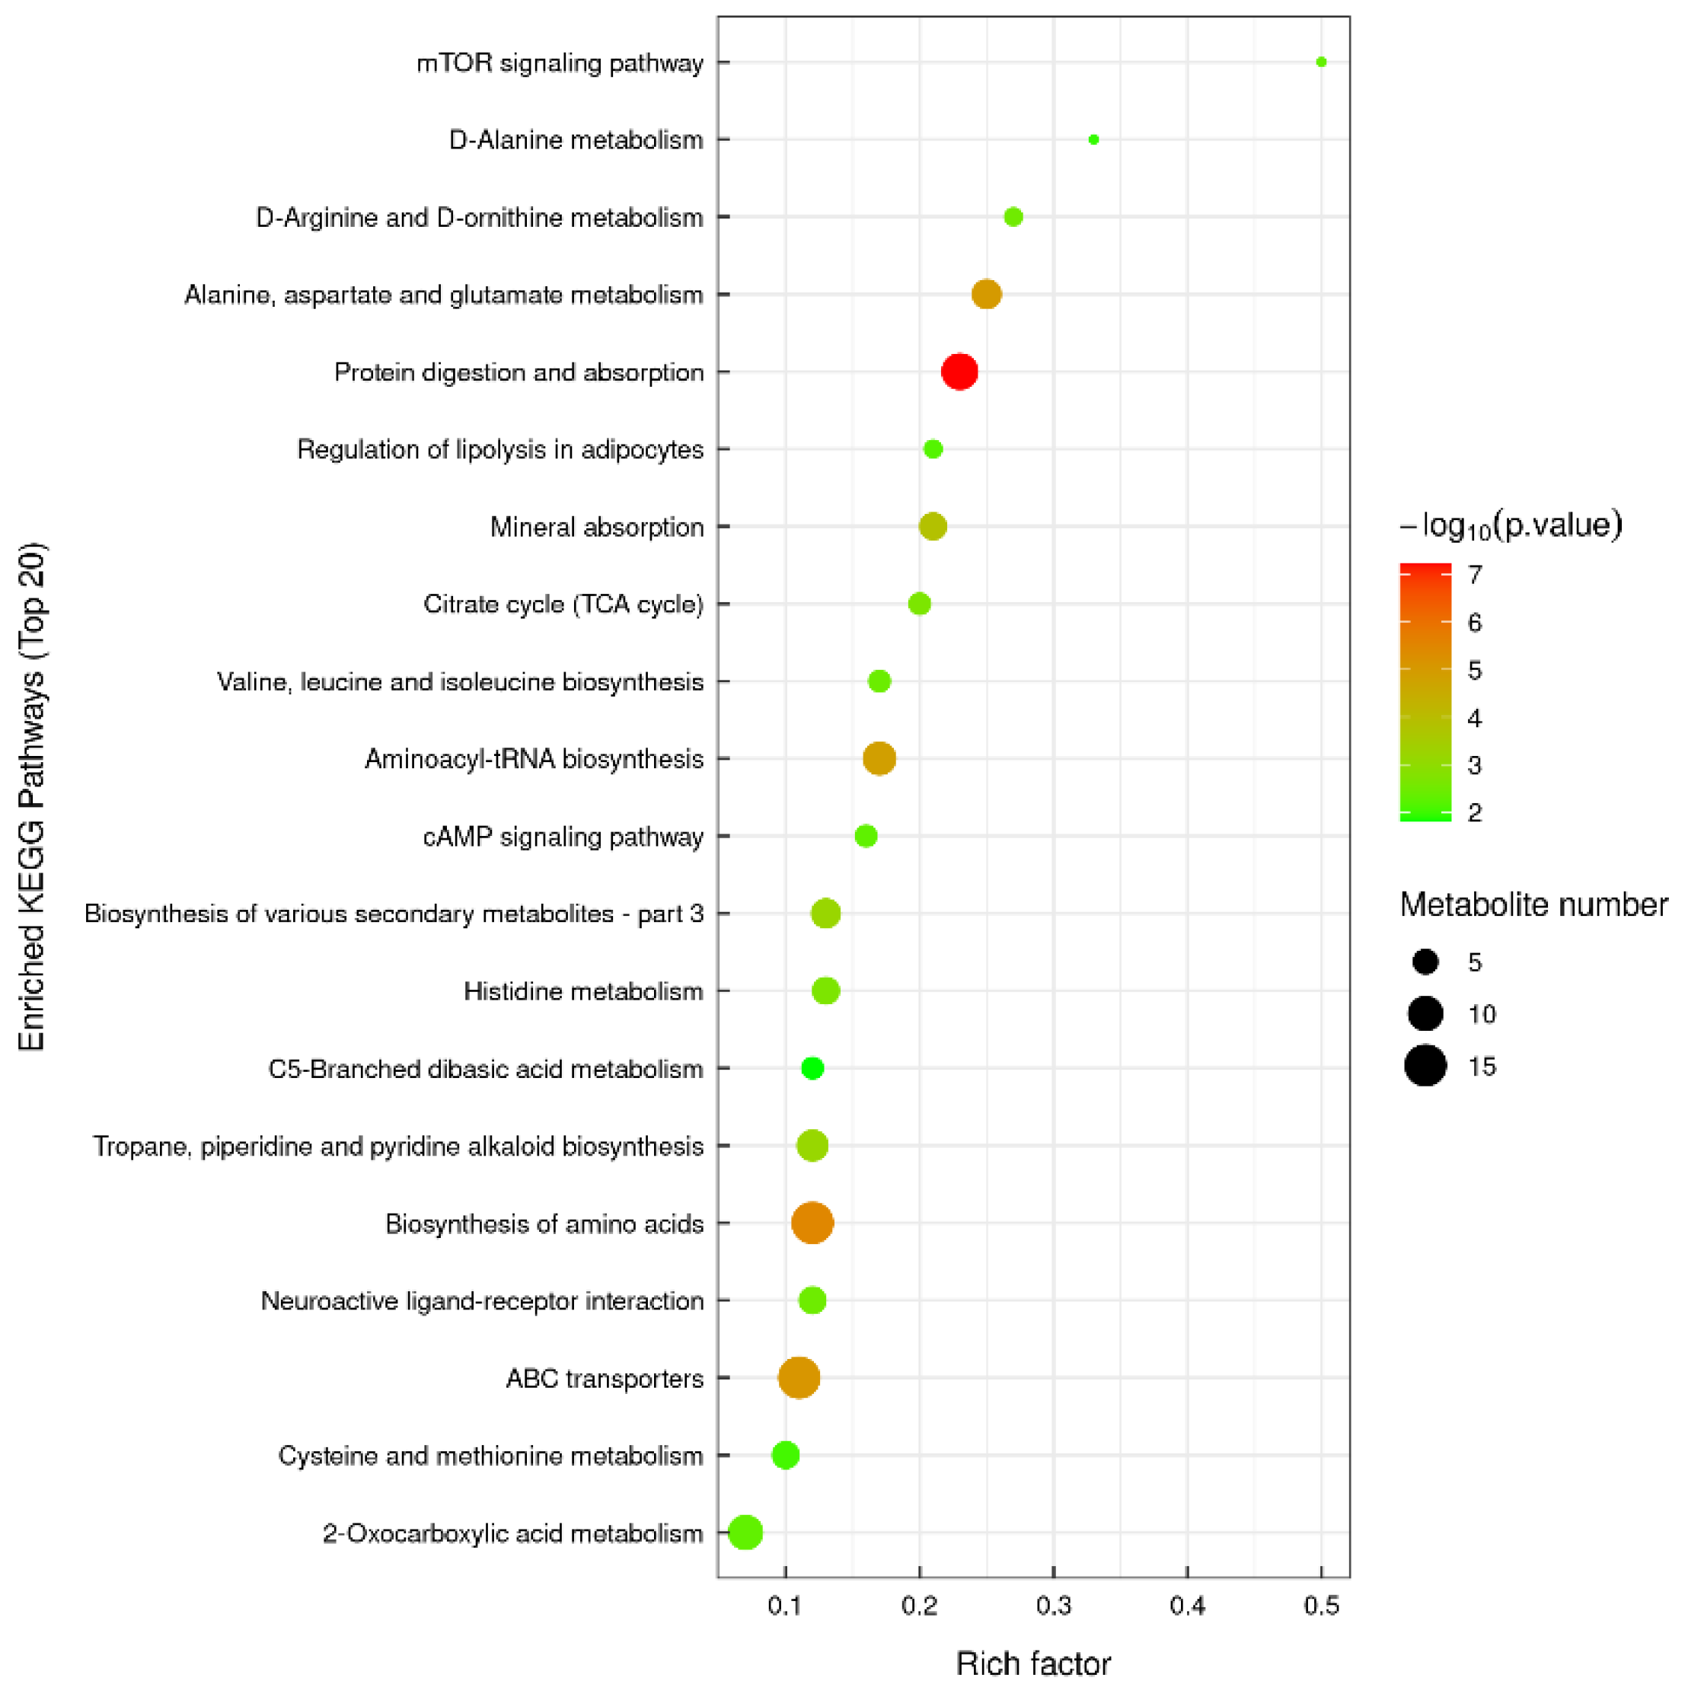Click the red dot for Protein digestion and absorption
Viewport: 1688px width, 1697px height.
coord(959,372)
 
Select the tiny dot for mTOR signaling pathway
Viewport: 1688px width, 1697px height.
coord(1321,62)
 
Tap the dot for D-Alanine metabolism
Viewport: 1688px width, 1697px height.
coord(1093,139)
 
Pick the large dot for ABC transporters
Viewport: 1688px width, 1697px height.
coord(799,1377)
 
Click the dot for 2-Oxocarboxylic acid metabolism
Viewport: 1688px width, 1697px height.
coord(745,1533)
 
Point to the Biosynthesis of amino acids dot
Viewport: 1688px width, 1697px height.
coord(812,1223)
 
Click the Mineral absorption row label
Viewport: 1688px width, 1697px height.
coord(596,527)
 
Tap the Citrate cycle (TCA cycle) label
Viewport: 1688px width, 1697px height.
coord(563,604)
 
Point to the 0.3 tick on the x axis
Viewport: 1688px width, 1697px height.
coord(1053,1606)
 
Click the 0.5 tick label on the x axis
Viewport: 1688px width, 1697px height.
coord(1321,1606)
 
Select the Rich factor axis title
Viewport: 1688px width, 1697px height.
coord(1032,1663)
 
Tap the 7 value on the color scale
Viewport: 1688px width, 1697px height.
coord(1475,575)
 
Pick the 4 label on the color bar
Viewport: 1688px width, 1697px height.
coord(1475,719)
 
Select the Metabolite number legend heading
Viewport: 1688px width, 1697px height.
coord(1533,904)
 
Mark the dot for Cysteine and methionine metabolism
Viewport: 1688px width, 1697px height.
coord(785,1455)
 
